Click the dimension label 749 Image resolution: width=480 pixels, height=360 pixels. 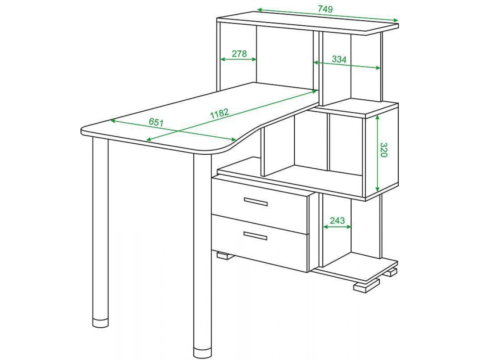click(325, 9)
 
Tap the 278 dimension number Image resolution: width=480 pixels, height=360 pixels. click(239, 54)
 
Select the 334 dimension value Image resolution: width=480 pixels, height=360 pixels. click(339, 59)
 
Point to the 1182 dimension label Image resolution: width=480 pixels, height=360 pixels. click(219, 114)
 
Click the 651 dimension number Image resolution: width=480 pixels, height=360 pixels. click(156, 122)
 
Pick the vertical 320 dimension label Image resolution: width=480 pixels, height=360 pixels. click(384, 150)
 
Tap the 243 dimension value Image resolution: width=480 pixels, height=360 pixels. click(337, 221)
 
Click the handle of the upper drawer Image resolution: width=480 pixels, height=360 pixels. click(256, 202)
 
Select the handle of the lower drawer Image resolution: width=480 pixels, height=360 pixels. click(255, 236)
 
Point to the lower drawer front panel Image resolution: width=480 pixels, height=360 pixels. click(260, 243)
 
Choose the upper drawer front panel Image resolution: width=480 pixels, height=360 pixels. click(260, 206)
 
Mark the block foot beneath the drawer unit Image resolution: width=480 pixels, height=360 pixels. click(225, 256)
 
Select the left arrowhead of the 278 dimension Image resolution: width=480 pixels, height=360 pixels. click(223, 59)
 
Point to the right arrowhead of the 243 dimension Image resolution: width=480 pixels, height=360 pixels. click(349, 227)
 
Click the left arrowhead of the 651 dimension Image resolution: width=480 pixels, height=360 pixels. click(113, 121)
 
